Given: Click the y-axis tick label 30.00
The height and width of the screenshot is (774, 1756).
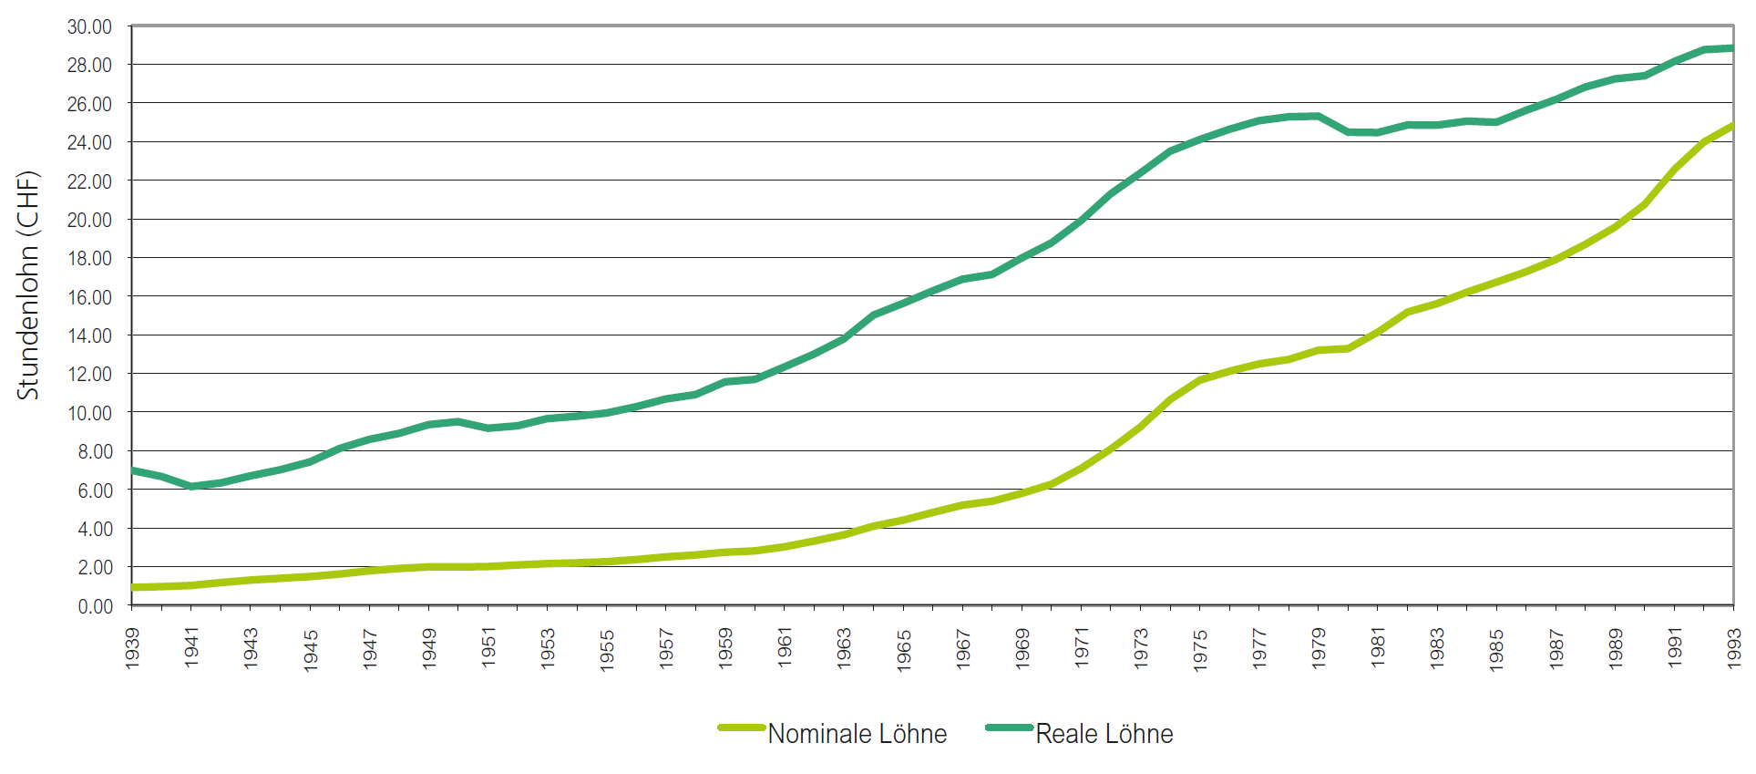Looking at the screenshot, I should click(x=89, y=27).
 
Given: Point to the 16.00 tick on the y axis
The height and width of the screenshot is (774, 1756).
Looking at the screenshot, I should click(x=89, y=297).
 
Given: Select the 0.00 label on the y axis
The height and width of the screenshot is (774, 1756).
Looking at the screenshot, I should click(x=95, y=606).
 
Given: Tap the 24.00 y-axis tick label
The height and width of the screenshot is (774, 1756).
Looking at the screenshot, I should click(x=89, y=142).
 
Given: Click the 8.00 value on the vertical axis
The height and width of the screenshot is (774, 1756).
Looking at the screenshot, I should click(x=95, y=451).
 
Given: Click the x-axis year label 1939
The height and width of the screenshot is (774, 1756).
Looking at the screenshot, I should click(x=133, y=647).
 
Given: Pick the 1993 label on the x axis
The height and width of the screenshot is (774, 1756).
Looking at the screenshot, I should click(x=1734, y=647).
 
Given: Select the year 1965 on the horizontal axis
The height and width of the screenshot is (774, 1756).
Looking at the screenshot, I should click(x=904, y=649).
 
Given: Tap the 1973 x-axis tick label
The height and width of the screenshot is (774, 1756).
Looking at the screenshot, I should click(x=1141, y=647).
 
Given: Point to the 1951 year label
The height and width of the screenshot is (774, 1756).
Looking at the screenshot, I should click(x=489, y=647).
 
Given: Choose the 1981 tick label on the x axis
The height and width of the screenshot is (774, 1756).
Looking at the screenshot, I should click(x=1378, y=647).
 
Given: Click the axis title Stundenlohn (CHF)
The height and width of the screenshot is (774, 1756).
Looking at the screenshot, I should click(x=28, y=285).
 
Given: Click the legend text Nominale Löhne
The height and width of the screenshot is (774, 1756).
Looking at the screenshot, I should click(x=857, y=734).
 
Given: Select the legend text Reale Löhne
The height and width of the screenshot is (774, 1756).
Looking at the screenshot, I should click(x=1104, y=734).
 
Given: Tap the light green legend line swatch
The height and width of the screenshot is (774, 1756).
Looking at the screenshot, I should click(x=741, y=728).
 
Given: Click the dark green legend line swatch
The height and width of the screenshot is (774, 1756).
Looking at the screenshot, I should click(x=1009, y=728).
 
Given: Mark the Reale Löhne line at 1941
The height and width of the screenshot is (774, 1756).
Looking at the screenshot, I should click(x=191, y=486).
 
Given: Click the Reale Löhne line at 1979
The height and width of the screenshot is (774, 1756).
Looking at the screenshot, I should click(x=1319, y=117).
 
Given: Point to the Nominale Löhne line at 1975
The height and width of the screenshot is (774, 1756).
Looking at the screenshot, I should click(x=1200, y=379).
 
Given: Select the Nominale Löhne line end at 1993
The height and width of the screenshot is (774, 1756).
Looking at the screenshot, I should click(x=1731, y=126).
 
